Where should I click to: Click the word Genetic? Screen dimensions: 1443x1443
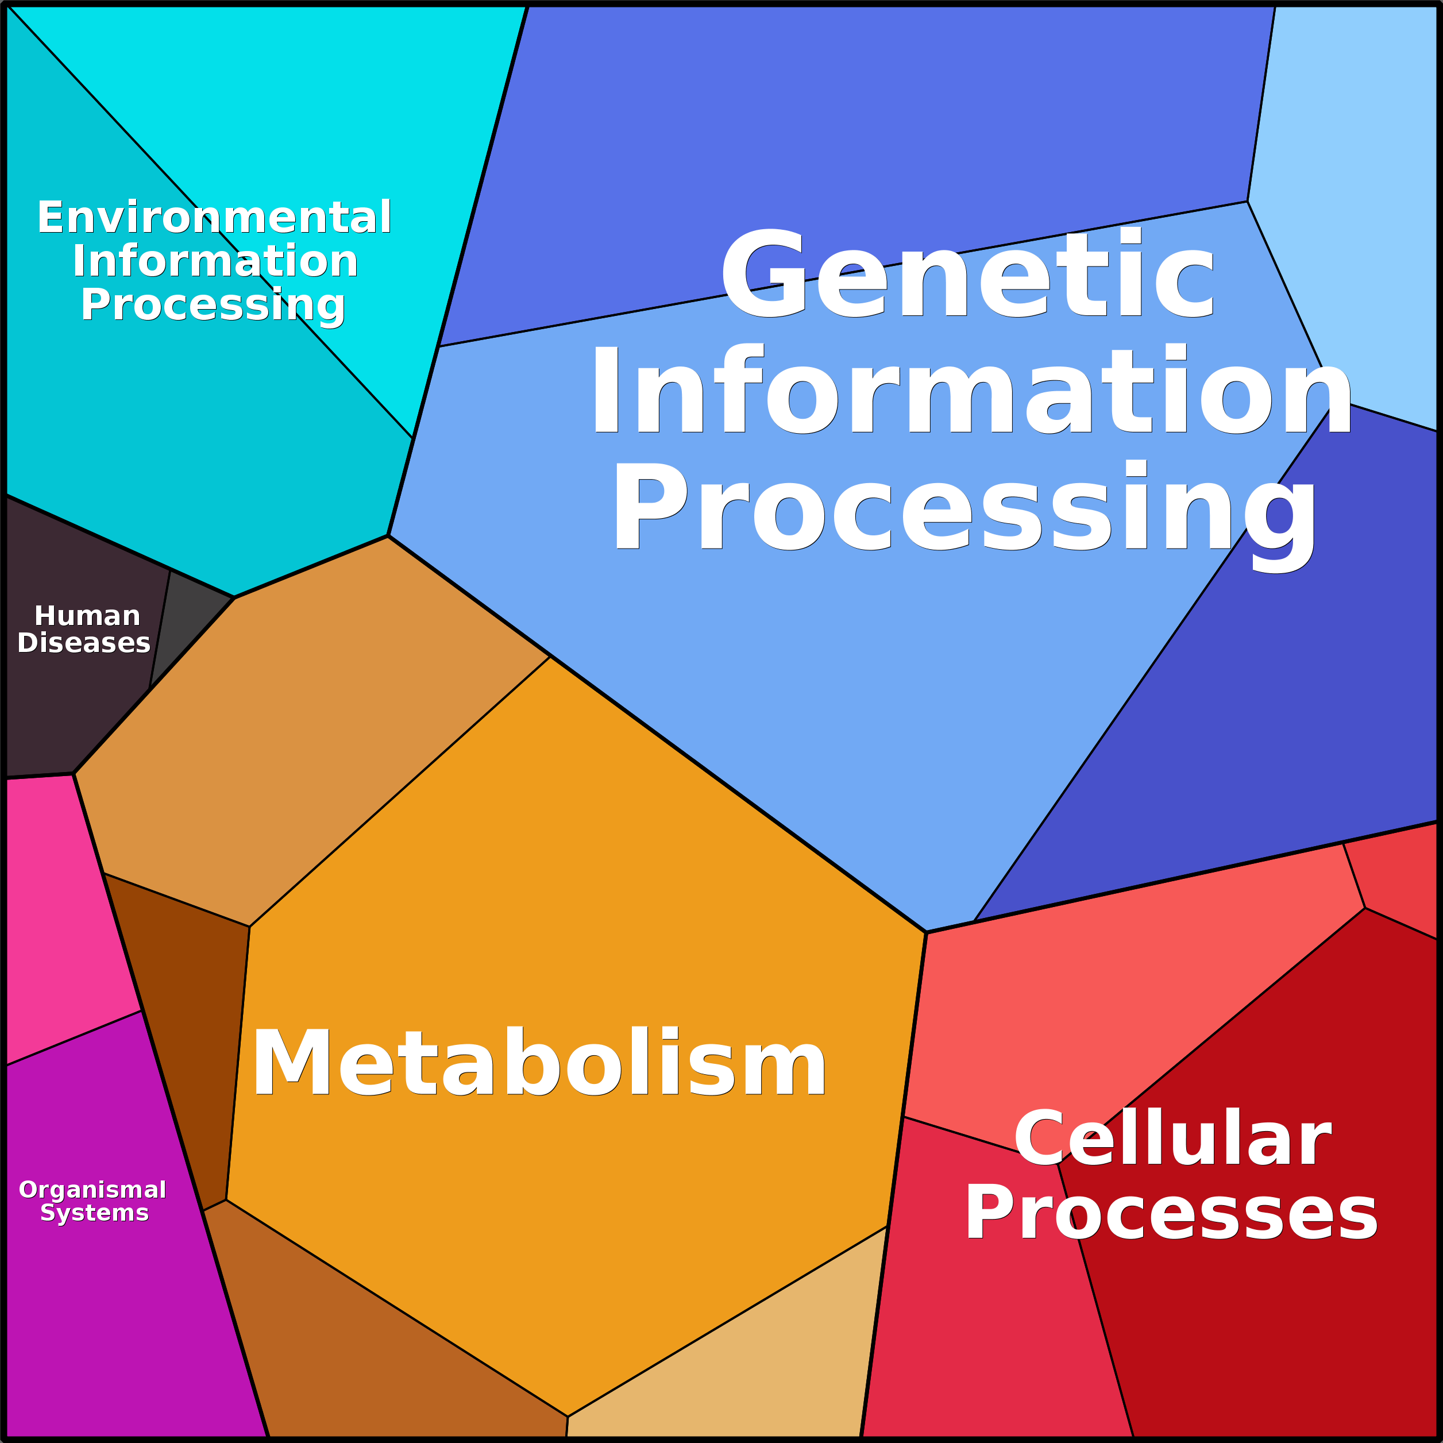click(968, 273)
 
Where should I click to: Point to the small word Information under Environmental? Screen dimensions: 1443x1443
click(215, 261)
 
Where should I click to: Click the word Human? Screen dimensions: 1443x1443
click(87, 616)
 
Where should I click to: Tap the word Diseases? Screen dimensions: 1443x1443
click(84, 643)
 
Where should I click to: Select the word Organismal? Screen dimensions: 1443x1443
click(92, 1190)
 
